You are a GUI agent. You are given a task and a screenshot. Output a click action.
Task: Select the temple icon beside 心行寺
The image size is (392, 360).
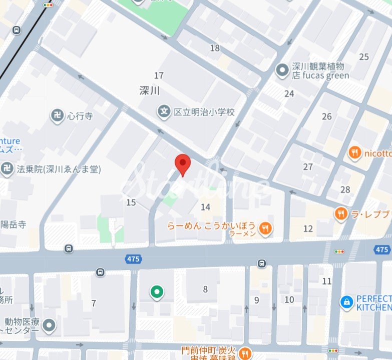coord(58,116)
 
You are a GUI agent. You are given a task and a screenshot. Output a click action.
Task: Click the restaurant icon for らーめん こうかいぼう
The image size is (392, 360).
coord(265,229)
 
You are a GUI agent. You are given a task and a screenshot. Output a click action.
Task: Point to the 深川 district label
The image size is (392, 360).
coord(149,90)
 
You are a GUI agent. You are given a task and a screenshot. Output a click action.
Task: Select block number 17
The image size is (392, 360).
coord(159,75)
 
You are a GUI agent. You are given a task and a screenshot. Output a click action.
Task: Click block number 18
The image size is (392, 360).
coord(215,48)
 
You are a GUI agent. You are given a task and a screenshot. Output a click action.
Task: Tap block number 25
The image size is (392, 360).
coord(364,56)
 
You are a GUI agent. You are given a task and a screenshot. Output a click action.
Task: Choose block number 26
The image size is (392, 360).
coord(327,116)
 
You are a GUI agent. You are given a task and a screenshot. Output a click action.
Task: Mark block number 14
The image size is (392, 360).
coord(205,207)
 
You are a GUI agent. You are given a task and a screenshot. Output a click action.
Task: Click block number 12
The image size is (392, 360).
coord(308,228)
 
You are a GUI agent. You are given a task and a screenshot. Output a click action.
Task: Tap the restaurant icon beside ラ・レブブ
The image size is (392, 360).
coord(341,214)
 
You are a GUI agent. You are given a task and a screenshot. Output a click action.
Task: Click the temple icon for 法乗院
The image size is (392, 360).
coord(7,169)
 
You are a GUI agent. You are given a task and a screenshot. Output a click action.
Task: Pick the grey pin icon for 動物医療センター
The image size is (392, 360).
coord(49,325)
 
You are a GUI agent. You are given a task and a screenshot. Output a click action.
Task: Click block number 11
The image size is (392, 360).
coord(327,281)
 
